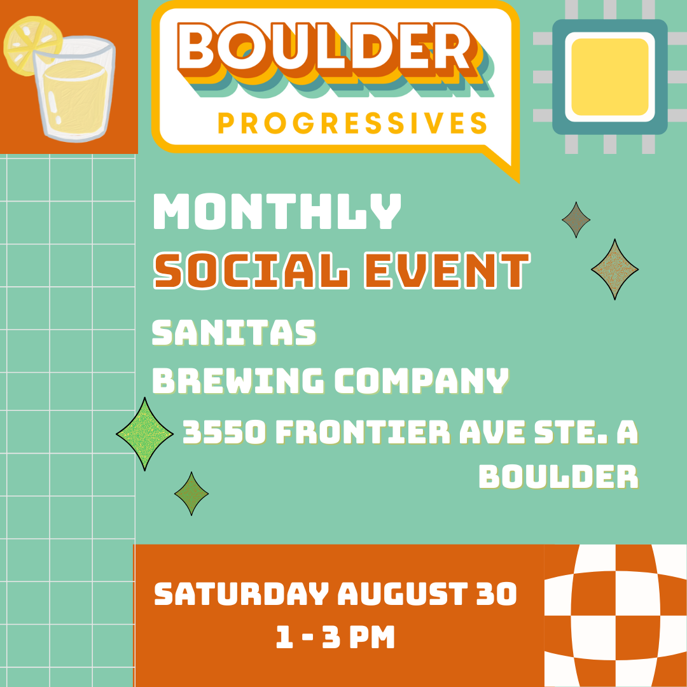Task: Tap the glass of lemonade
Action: pos(75,92)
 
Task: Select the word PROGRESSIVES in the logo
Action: pos(352,123)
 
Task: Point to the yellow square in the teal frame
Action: pos(609,76)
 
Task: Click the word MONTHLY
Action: pos(277,212)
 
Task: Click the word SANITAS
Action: pos(234,333)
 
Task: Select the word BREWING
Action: pos(239,380)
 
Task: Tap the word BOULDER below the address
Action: pos(558,476)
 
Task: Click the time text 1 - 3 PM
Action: pos(335,637)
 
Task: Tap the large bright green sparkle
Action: pos(145,434)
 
